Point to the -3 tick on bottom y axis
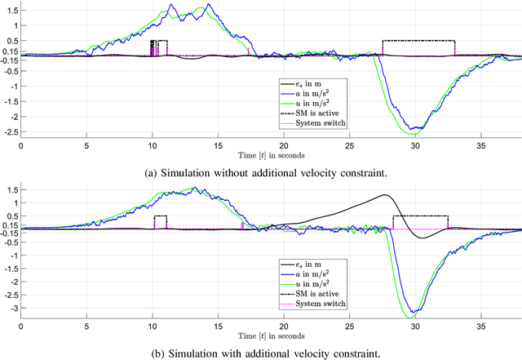13,309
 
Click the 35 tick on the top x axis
481,145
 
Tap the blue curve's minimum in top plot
416,128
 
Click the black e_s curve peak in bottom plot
383,195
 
